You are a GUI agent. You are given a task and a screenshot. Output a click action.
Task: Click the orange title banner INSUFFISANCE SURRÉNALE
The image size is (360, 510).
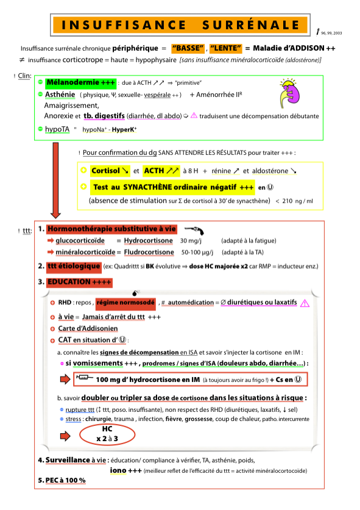180,25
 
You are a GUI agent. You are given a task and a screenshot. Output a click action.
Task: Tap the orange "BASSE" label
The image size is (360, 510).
188,49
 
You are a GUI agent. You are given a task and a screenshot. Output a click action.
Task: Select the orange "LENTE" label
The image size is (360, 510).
226,49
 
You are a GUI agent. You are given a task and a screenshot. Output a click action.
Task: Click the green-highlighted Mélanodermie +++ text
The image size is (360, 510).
80,83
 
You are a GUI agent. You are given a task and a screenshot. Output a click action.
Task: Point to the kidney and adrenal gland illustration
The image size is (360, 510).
289,93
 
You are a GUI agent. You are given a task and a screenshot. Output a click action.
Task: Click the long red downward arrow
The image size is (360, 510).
55,180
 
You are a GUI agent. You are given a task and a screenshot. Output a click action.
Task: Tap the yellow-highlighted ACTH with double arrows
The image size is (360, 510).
161,171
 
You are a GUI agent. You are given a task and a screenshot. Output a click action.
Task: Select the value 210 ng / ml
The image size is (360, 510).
297,201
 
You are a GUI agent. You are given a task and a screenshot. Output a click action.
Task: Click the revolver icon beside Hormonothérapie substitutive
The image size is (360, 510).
194,230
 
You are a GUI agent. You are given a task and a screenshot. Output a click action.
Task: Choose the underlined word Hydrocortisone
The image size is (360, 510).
148,241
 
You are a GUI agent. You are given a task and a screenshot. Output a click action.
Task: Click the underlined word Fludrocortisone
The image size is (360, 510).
149,252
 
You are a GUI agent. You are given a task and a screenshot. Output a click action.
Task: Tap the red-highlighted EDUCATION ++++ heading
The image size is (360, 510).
79,282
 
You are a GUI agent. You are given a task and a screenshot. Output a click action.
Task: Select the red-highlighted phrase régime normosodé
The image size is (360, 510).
125,303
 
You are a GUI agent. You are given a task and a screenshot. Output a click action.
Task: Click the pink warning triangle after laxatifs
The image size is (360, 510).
305,303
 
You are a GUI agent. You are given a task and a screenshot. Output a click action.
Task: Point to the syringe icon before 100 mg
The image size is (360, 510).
84,377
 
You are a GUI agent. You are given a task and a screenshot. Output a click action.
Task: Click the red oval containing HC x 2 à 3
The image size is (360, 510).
107,434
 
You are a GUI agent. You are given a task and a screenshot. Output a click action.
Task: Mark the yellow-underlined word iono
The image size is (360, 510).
118,470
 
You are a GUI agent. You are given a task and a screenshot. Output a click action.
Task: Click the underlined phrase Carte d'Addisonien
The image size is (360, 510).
88,328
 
